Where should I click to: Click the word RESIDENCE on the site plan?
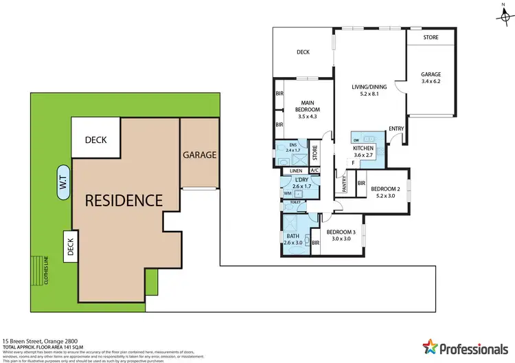pos(124,201)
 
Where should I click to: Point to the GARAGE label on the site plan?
pos(200,155)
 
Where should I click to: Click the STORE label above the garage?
pos(431,36)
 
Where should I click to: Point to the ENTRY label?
pos(396,129)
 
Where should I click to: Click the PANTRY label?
pos(341,185)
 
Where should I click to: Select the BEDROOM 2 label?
pos(385,188)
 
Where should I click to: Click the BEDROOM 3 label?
pos(341,232)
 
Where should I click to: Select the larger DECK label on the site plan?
pos(95,140)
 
